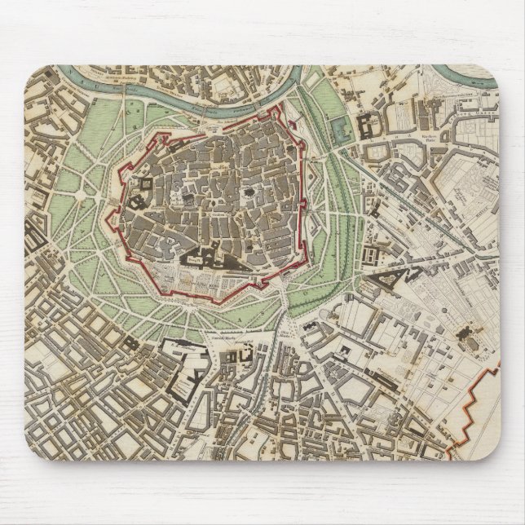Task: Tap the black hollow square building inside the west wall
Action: (138, 198)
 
